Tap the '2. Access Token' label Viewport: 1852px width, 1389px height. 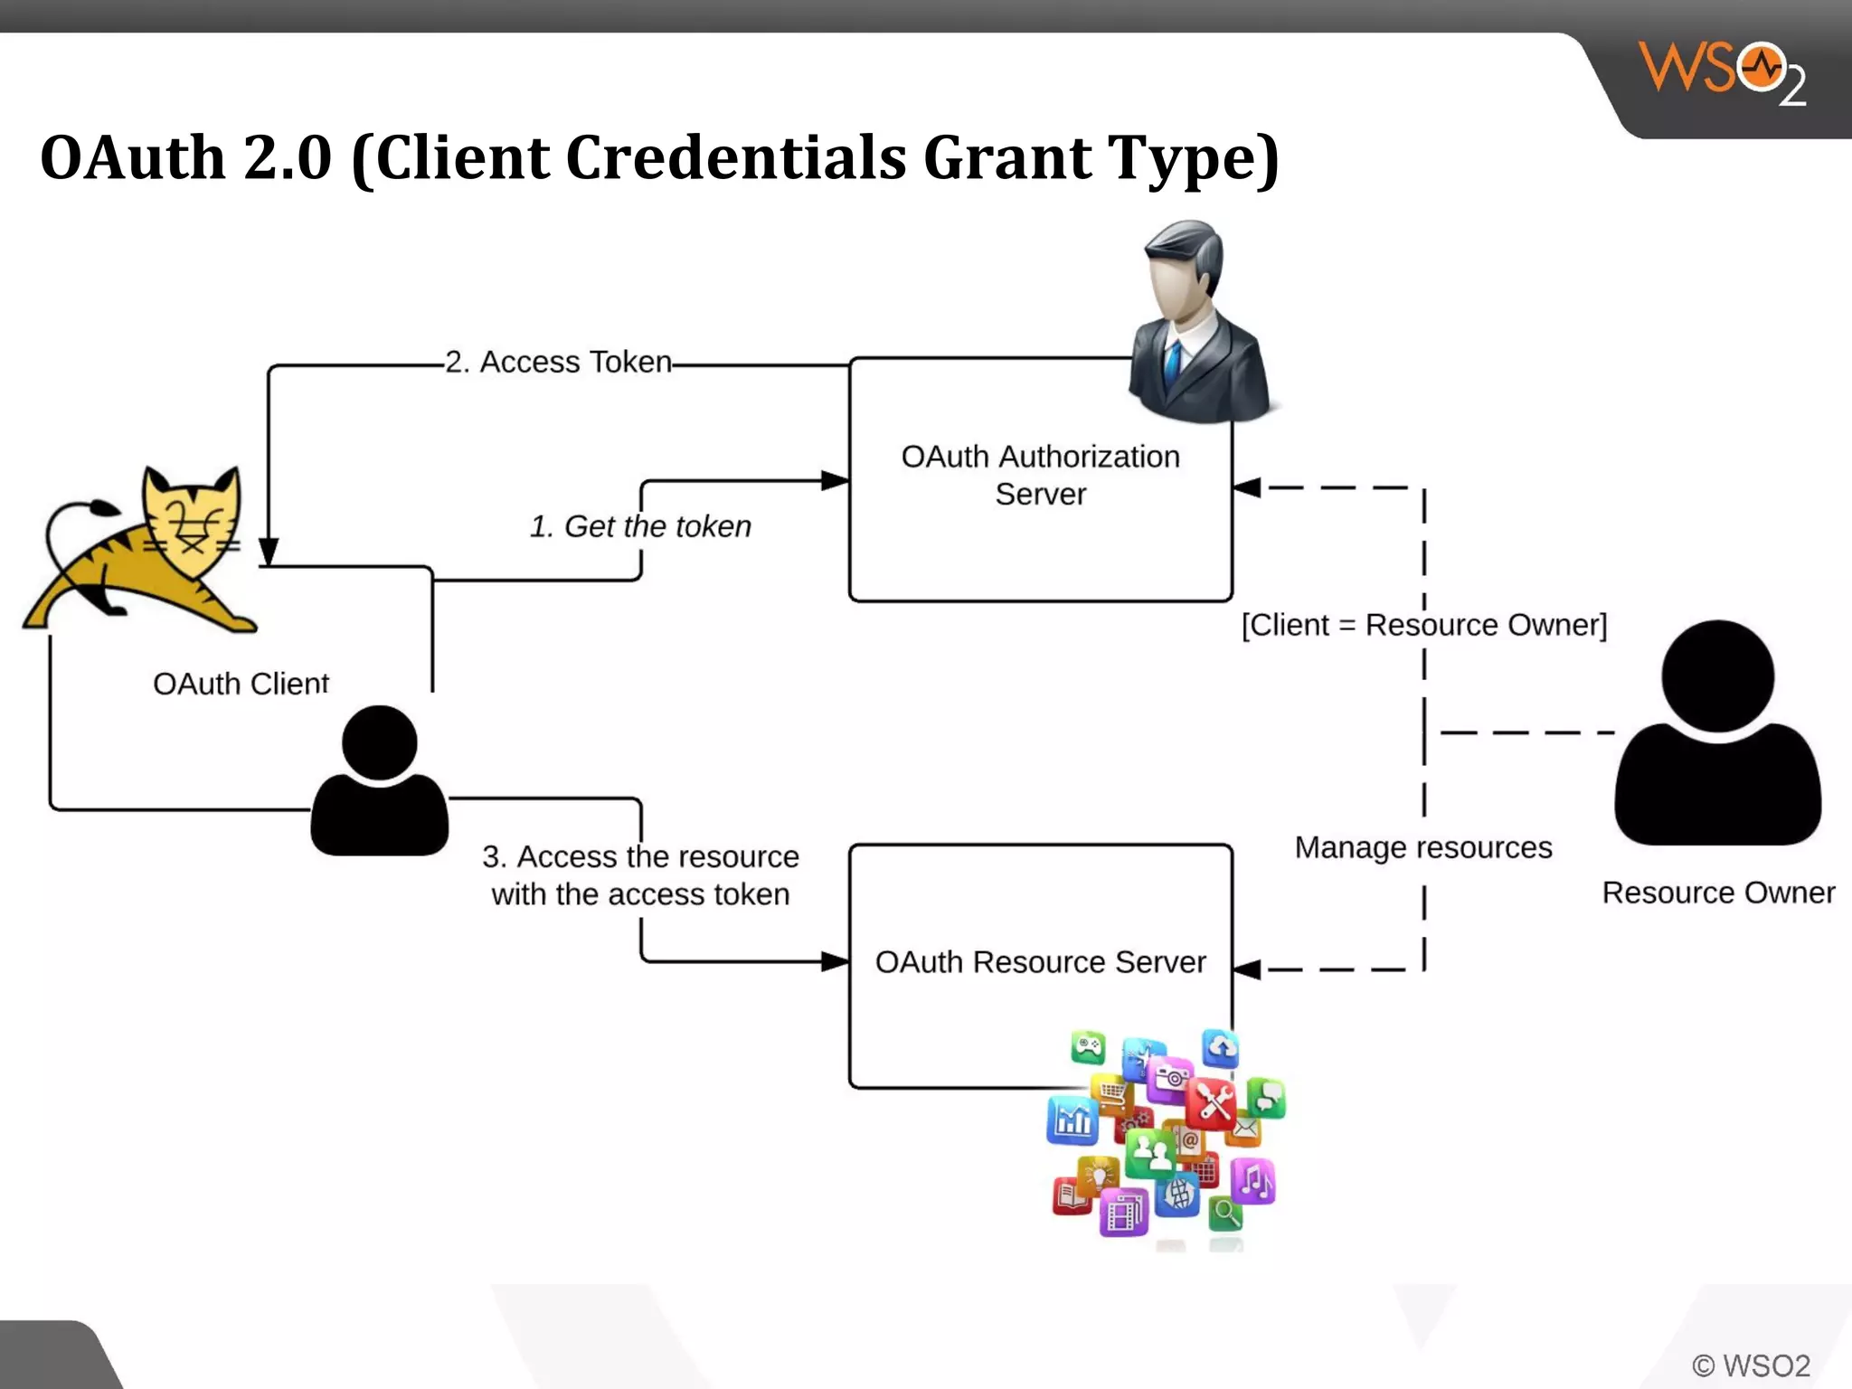click(x=558, y=362)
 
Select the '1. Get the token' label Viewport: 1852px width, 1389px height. click(x=640, y=526)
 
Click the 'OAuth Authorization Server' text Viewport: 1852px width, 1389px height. click(x=1040, y=475)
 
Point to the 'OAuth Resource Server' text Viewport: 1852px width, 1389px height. click(x=1040, y=962)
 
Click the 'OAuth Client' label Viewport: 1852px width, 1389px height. click(x=241, y=684)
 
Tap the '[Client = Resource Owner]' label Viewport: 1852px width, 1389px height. click(x=1423, y=625)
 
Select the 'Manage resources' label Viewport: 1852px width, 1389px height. click(x=1422, y=847)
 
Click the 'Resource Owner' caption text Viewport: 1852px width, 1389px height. click(x=1718, y=893)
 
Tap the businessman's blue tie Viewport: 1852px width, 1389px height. click(x=1173, y=362)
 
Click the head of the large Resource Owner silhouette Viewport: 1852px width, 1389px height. click(x=1717, y=675)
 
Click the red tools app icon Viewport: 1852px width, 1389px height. click(x=1211, y=1104)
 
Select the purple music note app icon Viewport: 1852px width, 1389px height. click(x=1253, y=1180)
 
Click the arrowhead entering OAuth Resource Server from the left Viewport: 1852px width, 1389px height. click(x=835, y=961)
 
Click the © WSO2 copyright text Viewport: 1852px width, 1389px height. click(x=1751, y=1365)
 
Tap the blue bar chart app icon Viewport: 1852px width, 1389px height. click(x=1073, y=1121)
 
